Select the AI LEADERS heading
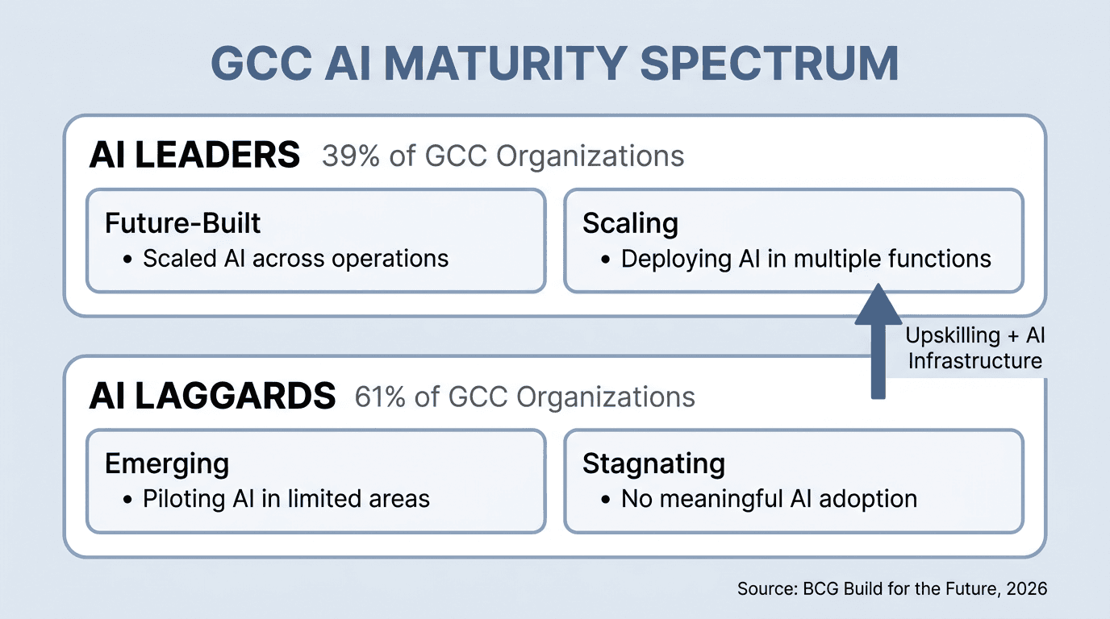click(x=194, y=155)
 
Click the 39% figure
click(x=350, y=156)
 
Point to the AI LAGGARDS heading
click(x=212, y=396)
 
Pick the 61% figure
click(x=382, y=397)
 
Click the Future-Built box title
click(x=183, y=222)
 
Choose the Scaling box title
click(x=630, y=222)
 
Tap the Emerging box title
click(x=167, y=463)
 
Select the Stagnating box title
click(x=653, y=463)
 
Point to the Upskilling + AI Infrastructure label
click(x=974, y=348)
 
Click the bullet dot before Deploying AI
click(x=605, y=259)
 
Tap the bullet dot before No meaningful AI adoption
click(x=605, y=499)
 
